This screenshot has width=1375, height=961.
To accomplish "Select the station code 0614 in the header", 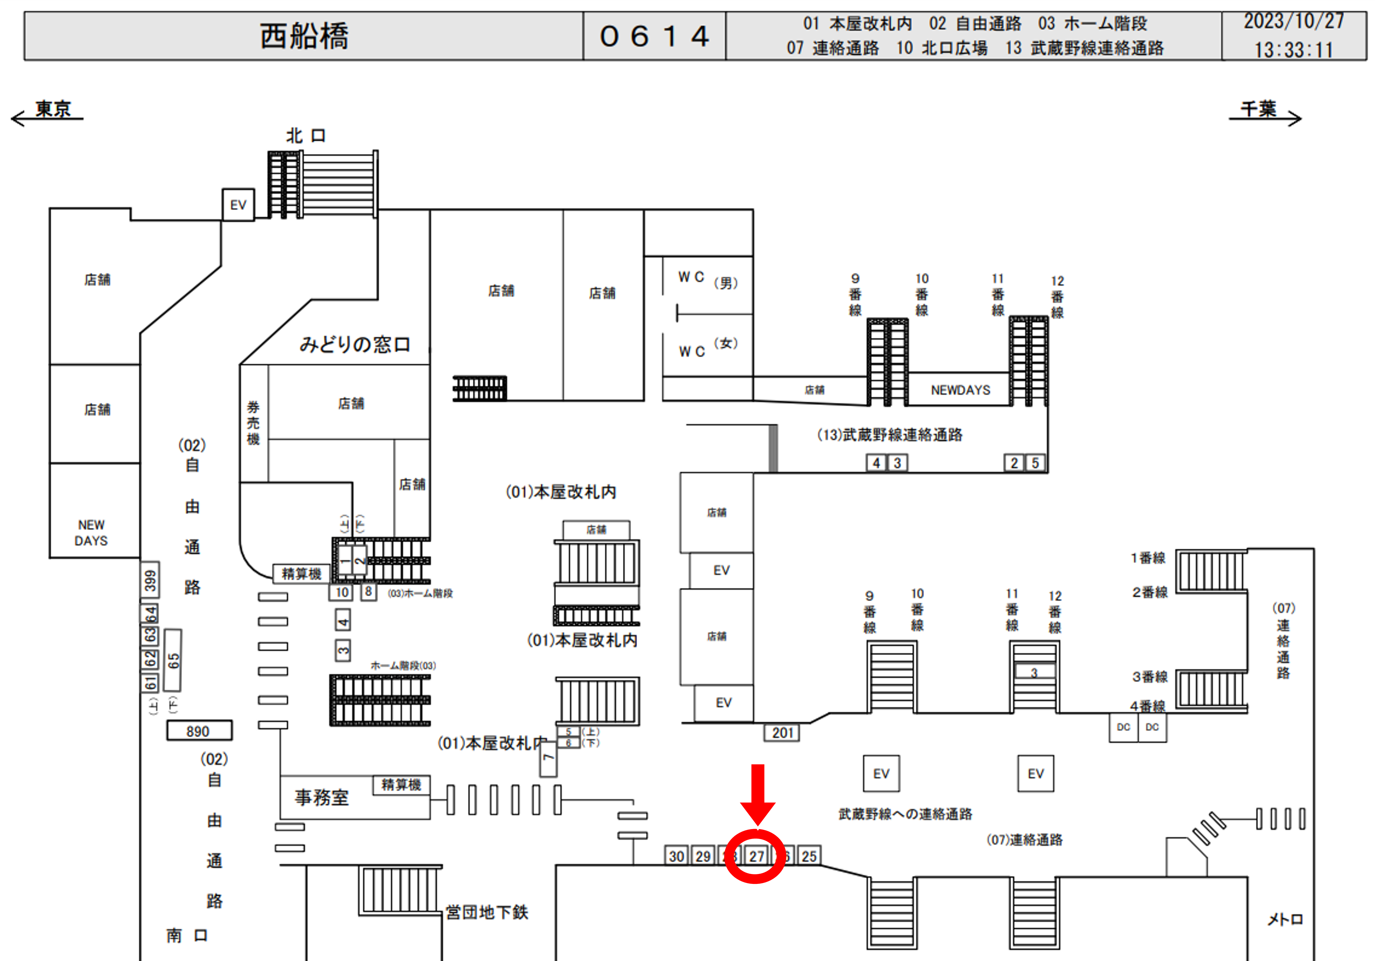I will (x=654, y=36).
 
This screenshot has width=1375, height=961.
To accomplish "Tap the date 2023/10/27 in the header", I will (x=1294, y=22).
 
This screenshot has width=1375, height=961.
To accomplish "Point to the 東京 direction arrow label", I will (x=53, y=110).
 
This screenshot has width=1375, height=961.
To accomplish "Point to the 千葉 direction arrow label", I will (x=1258, y=110).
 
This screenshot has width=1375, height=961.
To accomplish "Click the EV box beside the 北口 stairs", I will (x=238, y=205).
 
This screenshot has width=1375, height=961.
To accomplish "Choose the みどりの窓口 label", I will (x=354, y=344).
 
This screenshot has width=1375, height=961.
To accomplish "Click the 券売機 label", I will (x=253, y=423).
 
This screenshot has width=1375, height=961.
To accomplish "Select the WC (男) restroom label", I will (x=707, y=280).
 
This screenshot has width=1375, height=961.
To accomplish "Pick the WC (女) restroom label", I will (x=707, y=347).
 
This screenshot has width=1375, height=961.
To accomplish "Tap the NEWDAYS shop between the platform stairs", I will (x=960, y=390).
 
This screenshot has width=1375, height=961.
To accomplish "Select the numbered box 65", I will (x=173, y=660).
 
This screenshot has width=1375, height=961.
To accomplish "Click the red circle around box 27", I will (x=755, y=856).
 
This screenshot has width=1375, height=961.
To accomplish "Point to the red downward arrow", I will (x=758, y=793).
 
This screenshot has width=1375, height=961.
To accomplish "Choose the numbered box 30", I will (x=676, y=856).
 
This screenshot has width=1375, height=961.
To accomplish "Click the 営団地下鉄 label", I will (x=486, y=912).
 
